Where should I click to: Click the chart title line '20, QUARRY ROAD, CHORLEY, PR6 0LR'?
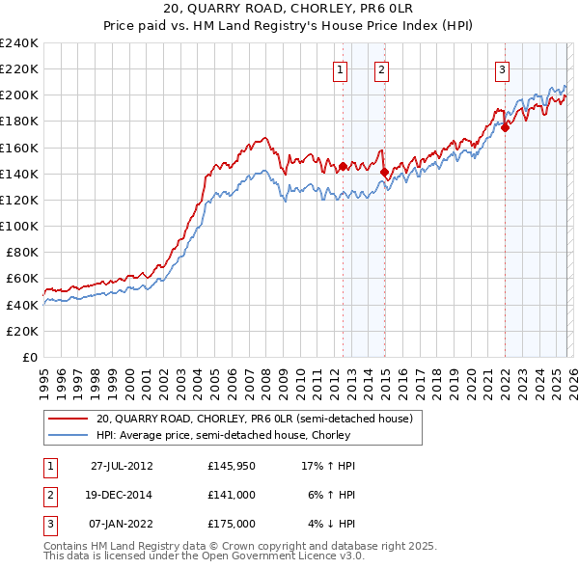(x=289, y=11)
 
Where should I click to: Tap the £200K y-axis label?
(x=19, y=95)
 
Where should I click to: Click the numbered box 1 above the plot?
(x=341, y=68)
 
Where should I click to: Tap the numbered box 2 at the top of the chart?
(x=382, y=68)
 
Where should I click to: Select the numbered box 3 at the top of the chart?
(x=503, y=68)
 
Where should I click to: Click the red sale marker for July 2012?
(x=343, y=166)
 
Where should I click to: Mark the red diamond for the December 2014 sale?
(x=384, y=173)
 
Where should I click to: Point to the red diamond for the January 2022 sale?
(x=505, y=127)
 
